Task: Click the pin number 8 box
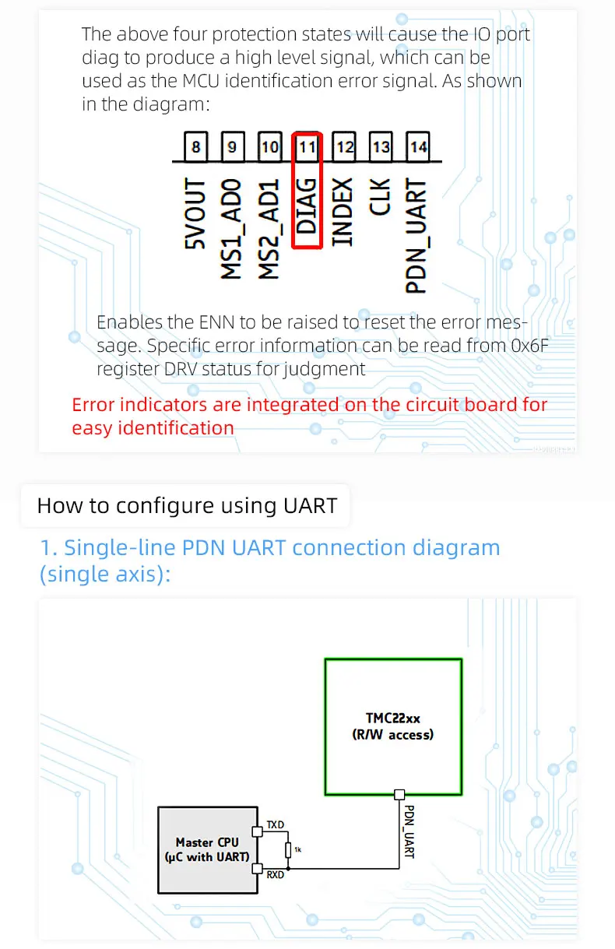click(195, 146)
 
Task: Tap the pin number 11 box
click(307, 146)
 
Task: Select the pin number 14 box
click(418, 146)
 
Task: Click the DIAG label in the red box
click(307, 206)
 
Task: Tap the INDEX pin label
click(343, 212)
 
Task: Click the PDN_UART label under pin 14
click(417, 236)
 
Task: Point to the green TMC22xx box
click(393, 726)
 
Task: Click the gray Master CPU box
click(207, 849)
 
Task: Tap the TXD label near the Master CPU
click(275, 824)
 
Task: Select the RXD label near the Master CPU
click(275, 875)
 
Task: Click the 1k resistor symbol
click(288, 849)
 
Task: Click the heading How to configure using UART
click(187, 505)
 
